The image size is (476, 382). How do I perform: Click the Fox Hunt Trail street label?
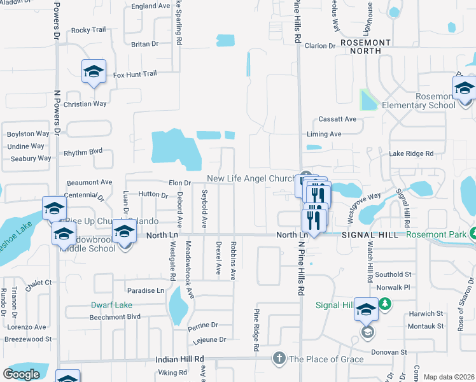coord(135,74)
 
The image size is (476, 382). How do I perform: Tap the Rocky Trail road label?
coord(88,30)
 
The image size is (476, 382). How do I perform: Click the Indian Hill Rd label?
coord(179,360)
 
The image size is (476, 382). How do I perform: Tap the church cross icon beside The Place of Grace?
coord(278,358)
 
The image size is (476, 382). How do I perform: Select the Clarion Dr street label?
coord(319,46)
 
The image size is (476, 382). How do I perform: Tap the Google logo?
coord(21,374)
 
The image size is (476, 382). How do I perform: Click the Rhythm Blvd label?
coord(83,152)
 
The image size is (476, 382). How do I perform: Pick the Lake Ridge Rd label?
coord(411,153)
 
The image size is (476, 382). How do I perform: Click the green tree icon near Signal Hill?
coord(384,306)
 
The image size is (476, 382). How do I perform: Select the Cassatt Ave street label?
coord(337,119)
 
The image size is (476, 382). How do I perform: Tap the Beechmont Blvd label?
coord(115,316)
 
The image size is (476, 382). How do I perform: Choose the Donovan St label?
coord(389,352)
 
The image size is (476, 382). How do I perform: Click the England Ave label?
coord(151,6)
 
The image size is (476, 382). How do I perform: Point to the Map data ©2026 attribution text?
coord(448,377)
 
